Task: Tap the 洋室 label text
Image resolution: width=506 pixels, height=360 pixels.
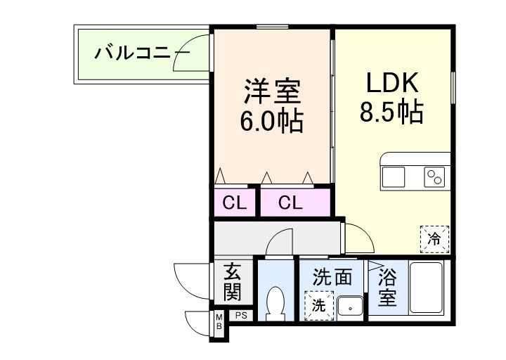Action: pos(273,92)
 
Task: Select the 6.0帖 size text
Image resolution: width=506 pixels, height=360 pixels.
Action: pos(272,122)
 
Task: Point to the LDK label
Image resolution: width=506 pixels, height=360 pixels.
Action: pos(392,84)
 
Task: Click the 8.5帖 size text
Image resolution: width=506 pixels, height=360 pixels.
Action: pos(392,112)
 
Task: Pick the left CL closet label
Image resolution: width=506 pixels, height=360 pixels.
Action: pos(235,203)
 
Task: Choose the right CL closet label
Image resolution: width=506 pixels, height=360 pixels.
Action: pos(290,203)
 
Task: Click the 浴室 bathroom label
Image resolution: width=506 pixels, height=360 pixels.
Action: pos(387,287)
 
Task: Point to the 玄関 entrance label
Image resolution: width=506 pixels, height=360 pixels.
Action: pos(233,281)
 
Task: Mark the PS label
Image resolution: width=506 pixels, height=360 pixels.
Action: pos(240,316)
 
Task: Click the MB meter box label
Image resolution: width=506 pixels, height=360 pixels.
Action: pos(219,323)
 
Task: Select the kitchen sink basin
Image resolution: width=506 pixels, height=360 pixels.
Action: pos(394,177)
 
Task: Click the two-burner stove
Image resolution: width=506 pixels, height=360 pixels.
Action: pos(434,177)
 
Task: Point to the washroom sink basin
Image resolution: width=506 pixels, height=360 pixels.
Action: pos(349,307)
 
